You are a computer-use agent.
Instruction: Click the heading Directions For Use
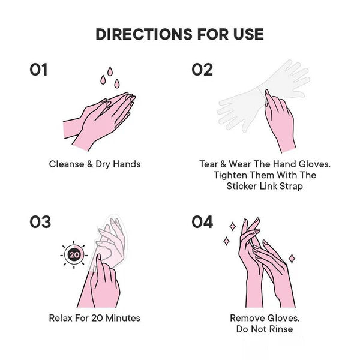coord(180,34)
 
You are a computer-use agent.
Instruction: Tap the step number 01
coord(38,70)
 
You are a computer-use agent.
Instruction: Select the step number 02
coord(202,70)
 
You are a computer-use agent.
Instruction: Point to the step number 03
coord(40,222)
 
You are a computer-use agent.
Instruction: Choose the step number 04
coord(203,222)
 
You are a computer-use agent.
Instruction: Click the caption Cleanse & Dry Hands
coord(95,164)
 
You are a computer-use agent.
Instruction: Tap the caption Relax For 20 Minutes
coord(95,317)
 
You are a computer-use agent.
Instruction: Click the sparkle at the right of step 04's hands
coord(292,258)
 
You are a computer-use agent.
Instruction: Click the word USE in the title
coord(246,34)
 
